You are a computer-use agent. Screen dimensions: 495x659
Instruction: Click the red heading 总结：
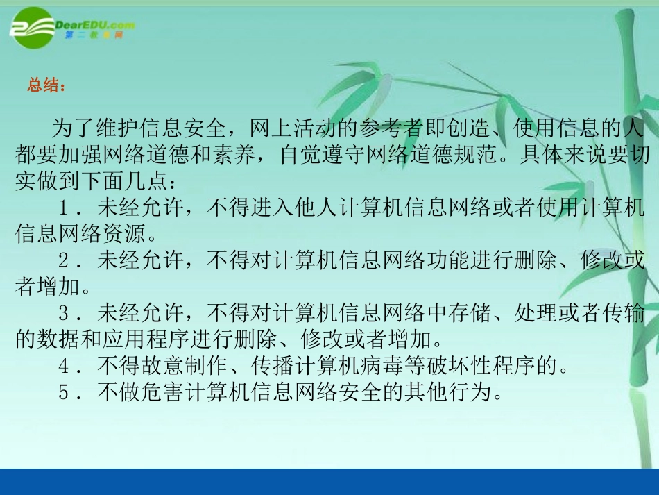click(46, 87)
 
